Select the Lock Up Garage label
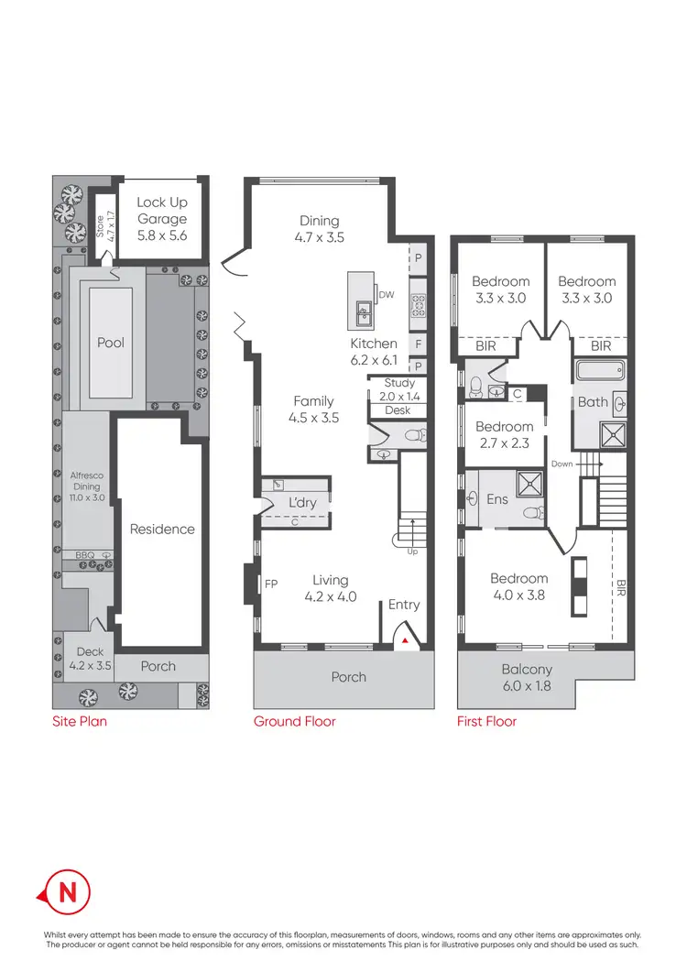162,218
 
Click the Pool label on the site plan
111,343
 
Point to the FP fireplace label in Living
271,582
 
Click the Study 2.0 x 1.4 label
399,389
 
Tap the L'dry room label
302,505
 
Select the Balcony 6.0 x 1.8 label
527,677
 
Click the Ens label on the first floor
497,499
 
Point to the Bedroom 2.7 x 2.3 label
504,434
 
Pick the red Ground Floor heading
294,721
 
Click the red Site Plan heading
79,721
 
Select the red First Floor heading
486,721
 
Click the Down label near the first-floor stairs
562,464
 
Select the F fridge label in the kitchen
418,344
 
